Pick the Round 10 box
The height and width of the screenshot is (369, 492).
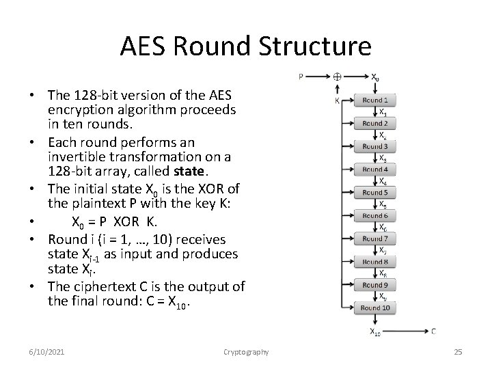[x=375, y=307]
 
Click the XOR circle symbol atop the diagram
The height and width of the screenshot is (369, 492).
[x=337, y=77]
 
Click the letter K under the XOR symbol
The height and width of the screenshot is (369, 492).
[x=337, y=100]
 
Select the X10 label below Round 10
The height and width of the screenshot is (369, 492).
[x=376, y=333]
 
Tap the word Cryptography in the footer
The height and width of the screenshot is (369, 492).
[x=246, y=351]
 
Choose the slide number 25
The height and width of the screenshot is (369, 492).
[x=458, y=351]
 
